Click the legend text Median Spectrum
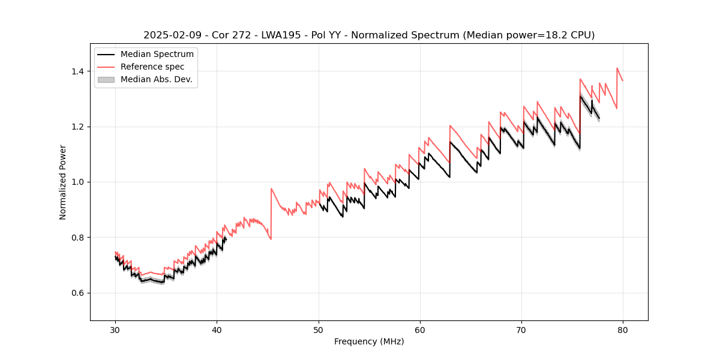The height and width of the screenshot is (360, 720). pos(157,55)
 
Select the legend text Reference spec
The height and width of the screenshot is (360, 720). pos(152,67)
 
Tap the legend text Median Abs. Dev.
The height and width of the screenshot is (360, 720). pos(156,80)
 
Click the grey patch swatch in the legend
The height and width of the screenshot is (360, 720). pos(106,80)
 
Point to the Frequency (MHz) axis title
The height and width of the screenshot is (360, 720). pos(369,341)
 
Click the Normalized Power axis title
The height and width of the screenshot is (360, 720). pos(63,182)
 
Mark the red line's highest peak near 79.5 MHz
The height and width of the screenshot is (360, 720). pos(617,68)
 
